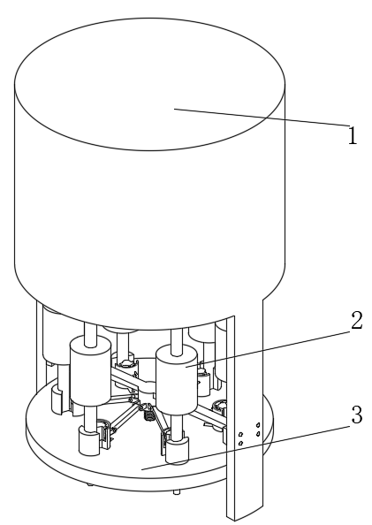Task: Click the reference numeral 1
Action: [353, 135]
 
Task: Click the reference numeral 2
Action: [357, 321]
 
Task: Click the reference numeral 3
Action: [357, 415]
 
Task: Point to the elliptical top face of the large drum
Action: [149, 84]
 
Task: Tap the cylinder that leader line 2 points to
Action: [177, 380]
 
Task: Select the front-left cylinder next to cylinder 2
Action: [90, 371]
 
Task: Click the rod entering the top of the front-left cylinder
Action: [90, 334]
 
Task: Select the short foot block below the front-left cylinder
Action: [90, 441]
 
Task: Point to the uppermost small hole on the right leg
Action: [258, 425]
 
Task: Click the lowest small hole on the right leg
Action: [240, 444]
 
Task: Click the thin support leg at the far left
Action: [40, 339]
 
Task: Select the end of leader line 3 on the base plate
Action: [142, 469]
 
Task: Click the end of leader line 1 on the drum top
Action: [174, 109]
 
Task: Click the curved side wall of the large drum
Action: [149, 231]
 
